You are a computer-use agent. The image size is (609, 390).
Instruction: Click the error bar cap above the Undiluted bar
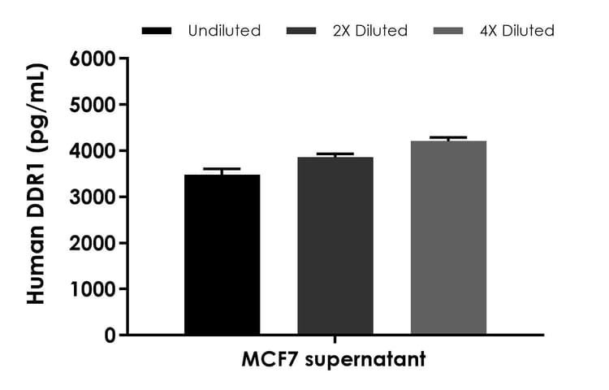point(222,169)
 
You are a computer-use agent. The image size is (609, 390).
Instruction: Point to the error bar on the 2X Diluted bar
point(335,154)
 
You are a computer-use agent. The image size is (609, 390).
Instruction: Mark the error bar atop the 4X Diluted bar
point(448,138)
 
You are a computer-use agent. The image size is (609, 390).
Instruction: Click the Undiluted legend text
point(224,31)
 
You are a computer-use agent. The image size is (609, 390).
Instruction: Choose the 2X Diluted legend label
point(369,31)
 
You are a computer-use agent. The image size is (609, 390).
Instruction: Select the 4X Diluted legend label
point(516,31)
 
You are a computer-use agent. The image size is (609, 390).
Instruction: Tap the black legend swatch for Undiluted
point(157,31)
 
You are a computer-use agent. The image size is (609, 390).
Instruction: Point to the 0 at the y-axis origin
point(109,335)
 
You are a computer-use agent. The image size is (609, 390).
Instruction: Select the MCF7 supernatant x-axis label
point(334,358)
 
